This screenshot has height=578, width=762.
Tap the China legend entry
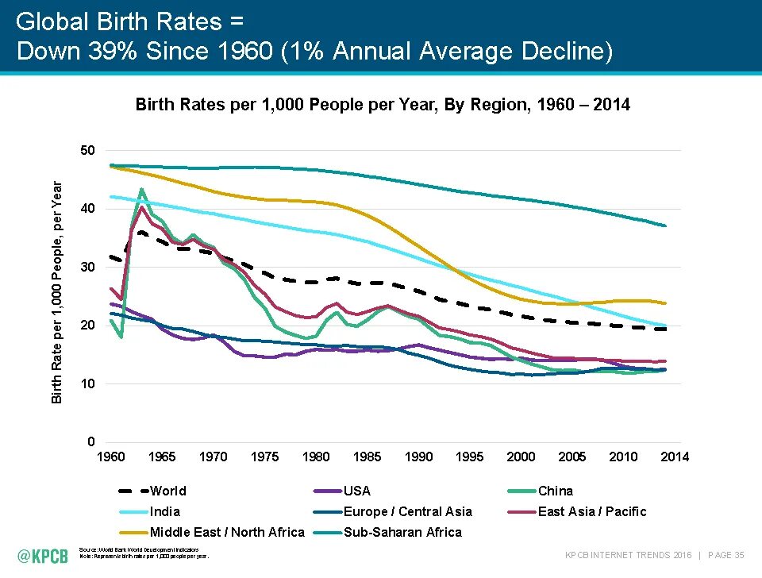[555, 491]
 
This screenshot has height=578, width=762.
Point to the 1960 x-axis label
[110, 457]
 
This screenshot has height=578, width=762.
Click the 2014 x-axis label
[675, 457]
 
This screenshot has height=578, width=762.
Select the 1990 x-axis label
[418, 457]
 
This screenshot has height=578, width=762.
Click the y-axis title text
[57, 291]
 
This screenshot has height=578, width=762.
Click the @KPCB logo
[44, 554]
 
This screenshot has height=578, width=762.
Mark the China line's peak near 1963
[141, 190]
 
